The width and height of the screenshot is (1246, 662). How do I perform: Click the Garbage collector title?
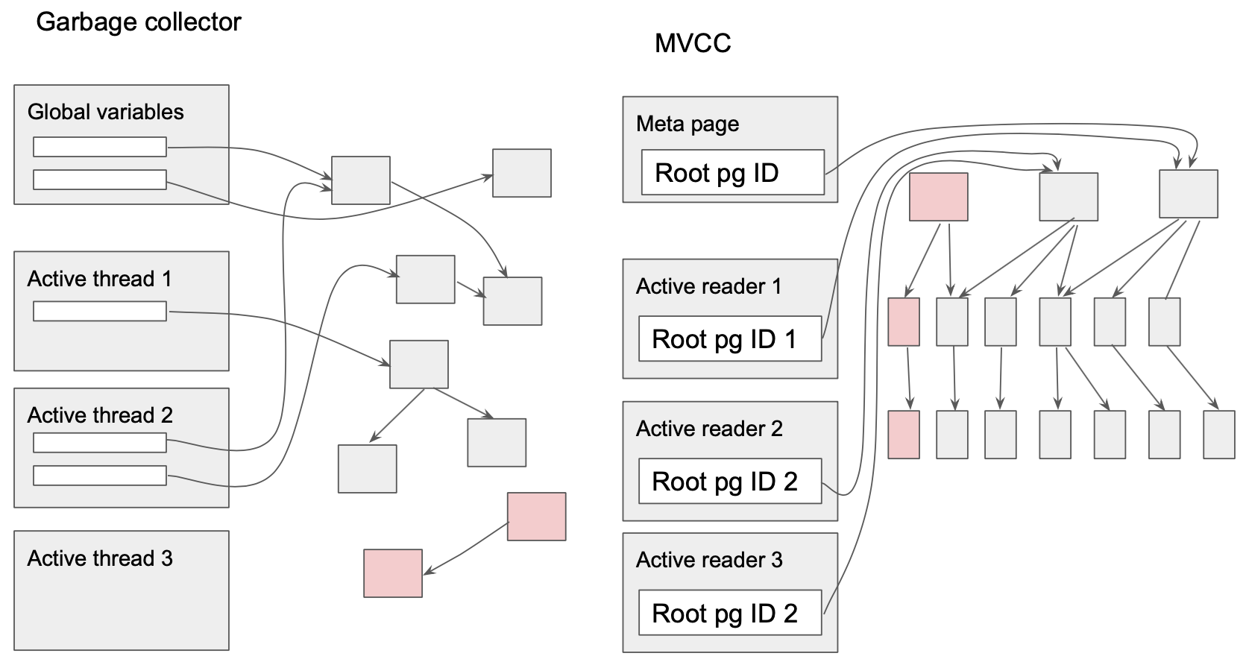pyautogui.click(x=139, y=22)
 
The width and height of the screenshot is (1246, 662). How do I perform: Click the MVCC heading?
pyautogui.click(x=693, y=43)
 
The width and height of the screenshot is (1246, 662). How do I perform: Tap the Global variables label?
pyautogui.click(x=105, y=112)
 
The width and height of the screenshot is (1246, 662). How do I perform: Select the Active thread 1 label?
pyautogui.click(x=99, y=279)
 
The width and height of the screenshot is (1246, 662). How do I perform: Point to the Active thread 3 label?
pyautogui.click(x=100, y=558)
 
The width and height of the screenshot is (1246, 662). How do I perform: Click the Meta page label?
pyautogui.click(x=687, y=124)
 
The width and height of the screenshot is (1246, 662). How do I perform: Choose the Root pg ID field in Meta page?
pyautogui.click(x=732, y=173)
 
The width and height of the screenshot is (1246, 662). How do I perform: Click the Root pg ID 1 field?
pyautogui.click(x=729, y=339)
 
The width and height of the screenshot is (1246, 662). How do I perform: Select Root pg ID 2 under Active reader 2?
pyautogui.click(x=729, y=482)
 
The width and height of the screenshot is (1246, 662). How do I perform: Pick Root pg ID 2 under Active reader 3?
pyautogui.click(x=729, y=614)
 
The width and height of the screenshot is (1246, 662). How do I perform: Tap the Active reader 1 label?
pyautogui.click(x=708, y=286)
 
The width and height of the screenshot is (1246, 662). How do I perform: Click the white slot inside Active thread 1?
pyautogui.click(x=100, y=311)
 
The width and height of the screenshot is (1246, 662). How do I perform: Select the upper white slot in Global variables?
pyautogui.click(x=100, y=147)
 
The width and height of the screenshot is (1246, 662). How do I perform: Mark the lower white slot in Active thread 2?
pyautogui.click(x=100, y=475)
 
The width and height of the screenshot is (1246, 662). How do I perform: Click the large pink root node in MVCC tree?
pyautogui.click(x=938, y=197)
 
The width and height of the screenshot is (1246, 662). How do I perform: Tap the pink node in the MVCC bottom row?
pyautogui.click(x=903, y=434)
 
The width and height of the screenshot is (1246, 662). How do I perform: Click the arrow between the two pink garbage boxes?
pyautogui.click(x=465, y=548)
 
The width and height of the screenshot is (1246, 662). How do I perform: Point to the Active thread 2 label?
pyautogui.click(x=100, y=415)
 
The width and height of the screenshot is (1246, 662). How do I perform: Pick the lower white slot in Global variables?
pyautogui.click(x=100, y=180)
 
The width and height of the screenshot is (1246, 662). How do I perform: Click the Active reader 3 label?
pyautogui.click(x=709, y=560)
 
